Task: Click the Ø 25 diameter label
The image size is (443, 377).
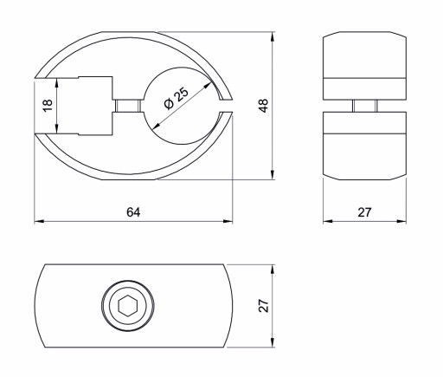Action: pos(177,98)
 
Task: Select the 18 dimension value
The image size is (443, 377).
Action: pos(48,105)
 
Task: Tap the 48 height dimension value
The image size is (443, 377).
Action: pos(263,106)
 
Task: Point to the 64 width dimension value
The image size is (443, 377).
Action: pos(133,212)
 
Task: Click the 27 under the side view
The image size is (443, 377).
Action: pos(364,212)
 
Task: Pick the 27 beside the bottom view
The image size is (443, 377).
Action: pos(263,306)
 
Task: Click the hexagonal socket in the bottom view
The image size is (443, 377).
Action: pos(127,306)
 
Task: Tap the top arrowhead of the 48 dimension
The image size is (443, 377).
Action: pos(273,36)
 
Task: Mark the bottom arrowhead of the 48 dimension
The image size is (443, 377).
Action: pos(273,174)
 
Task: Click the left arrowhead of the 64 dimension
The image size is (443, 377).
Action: pos(39,221)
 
